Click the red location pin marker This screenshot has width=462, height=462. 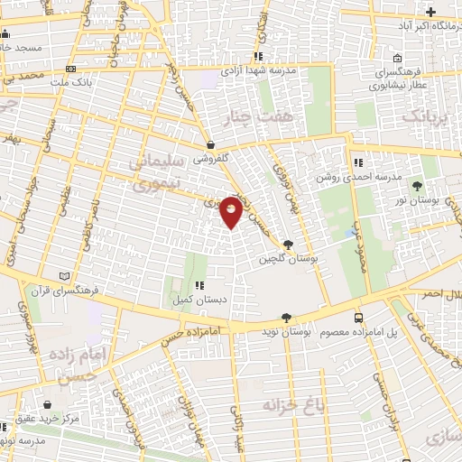tap(232, 211)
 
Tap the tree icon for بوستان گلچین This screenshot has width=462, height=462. tap(288, 244)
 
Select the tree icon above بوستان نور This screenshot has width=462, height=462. tap(417, 187)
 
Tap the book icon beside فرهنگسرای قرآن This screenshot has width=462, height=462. tap(62, 276)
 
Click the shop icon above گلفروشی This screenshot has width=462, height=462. tap(210, 143)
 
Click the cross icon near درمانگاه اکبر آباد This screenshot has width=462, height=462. tap(431, 12)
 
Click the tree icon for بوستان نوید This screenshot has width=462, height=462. tap(287, 317)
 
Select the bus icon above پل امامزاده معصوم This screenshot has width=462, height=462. tap(359, 318)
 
